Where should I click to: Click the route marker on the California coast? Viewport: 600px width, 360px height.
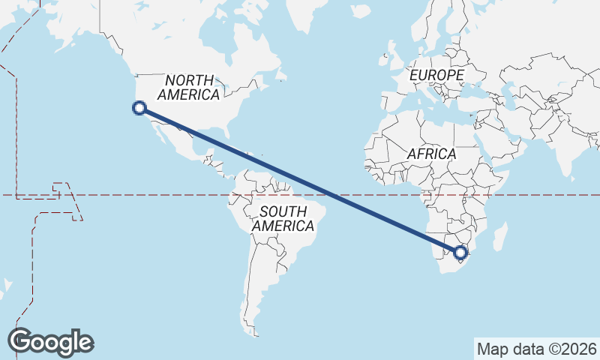point(139,108)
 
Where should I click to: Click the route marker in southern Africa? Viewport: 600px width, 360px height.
point(460,252)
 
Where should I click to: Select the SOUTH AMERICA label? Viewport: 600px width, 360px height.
point(283,218)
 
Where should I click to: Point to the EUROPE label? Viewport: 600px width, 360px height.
point(437,76)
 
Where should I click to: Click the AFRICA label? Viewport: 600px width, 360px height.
point(431,154)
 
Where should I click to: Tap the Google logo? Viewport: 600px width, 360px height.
point(50,341)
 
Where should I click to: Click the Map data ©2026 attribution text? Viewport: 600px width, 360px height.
point(536,348)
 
